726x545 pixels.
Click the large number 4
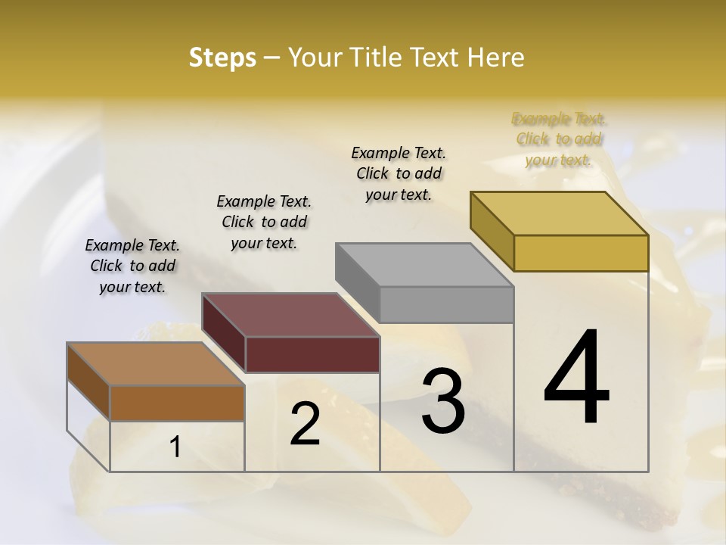[576, 378]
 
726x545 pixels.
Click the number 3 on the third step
[443, 401]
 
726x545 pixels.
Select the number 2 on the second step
[305, 424]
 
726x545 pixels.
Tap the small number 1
[175, 447]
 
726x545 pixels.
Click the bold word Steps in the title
[222, 58]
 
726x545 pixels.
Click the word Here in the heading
[497, 58]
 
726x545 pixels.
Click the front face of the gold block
[581, 253]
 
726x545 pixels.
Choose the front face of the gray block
[446, 304]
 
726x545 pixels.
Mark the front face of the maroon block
[312, 354]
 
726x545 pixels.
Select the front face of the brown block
[177, 403]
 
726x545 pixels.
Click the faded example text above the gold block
[559, 139]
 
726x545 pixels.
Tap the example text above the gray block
[399, 173]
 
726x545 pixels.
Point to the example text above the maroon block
[264, 222]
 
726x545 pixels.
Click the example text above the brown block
[132, 266]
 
